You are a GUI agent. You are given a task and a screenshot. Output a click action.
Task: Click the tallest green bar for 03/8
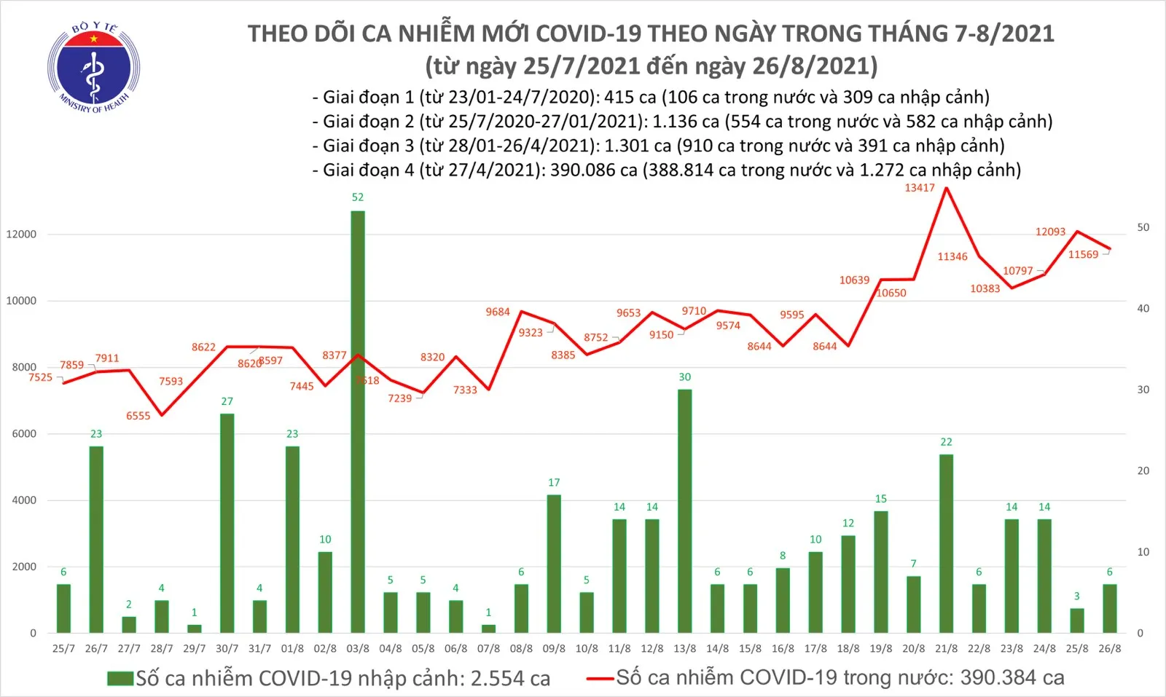[x=358, y=422]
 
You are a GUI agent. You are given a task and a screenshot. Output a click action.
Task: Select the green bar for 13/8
[x=684, y=510]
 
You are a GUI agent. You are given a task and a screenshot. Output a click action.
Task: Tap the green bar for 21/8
[x=946, y=543]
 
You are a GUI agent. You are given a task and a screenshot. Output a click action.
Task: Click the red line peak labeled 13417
[x=946, y=189]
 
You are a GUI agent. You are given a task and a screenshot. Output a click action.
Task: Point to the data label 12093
[x=1050, y=232]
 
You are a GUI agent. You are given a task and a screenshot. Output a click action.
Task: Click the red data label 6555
[x=138, y=416]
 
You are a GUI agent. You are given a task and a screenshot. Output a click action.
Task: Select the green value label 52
[x=358, y=197]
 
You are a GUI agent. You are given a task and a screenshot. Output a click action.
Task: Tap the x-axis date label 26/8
[x=1109, y=649]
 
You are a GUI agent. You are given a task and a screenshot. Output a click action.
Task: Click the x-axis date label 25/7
[x=63, y=649]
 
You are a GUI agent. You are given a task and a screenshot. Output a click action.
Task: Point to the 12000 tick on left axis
[x=21, y=235]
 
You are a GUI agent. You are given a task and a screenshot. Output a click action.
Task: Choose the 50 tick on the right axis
[x=1143, y=228]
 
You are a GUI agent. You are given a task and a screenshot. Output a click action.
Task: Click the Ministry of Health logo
[x=93, y=68]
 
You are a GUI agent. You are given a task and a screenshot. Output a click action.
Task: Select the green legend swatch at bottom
[x=120, y=679]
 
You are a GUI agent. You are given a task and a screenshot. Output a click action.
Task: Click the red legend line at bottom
[x=600, y=679]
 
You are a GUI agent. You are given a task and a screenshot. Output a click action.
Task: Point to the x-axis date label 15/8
[x=750, y=649]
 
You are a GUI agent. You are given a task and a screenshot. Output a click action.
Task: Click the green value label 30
[x=684, y=377]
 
